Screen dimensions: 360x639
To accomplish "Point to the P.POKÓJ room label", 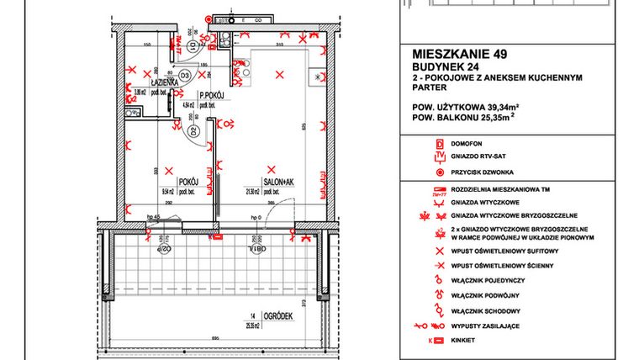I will pos(209,96).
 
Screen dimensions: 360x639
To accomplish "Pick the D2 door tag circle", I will pos(193,132).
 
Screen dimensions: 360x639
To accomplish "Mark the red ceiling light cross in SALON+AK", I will pos(271,167).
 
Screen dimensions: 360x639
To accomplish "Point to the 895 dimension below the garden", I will pos(216,339).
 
